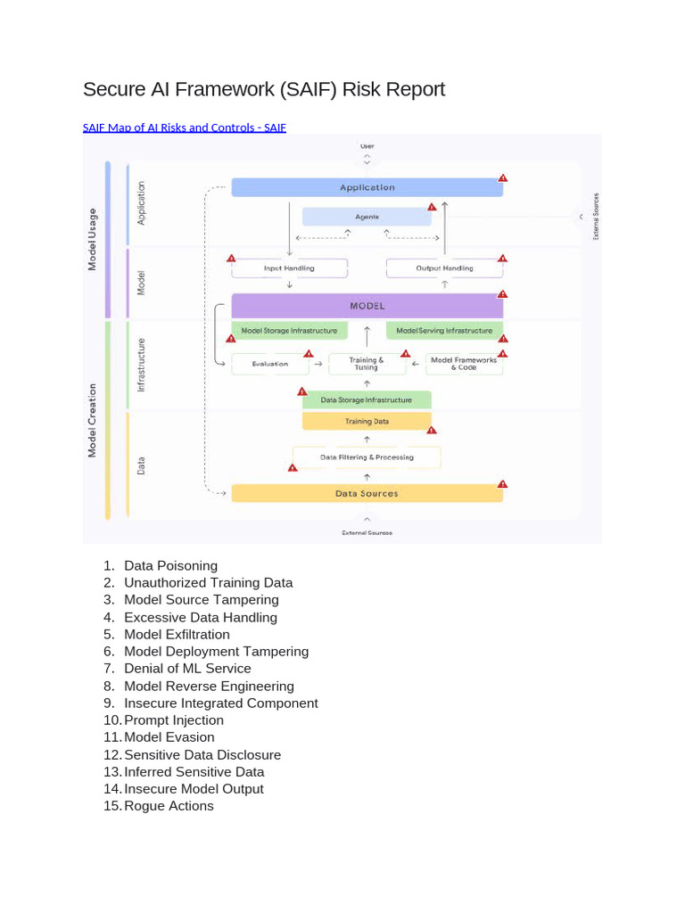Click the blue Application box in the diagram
pos(367,187)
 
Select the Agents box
pos(367,217)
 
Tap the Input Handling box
pos(289,268)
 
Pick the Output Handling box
pos(445,268)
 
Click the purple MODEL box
pos(367,306)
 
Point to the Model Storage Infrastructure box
pos(289,331)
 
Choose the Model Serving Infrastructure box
pos(444,331)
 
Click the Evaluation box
pos(270,364)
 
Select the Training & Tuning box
pos(367,364)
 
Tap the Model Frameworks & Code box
pos(464,364)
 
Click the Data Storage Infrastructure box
pos(367,400)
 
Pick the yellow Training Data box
pos(367,421)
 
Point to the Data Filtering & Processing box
pos(367,457)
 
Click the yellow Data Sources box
pos(367,493)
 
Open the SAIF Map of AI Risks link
pos(185,127)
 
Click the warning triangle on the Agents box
pos(432,208)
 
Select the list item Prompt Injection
pos(174,720)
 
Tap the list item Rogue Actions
pos(169,806)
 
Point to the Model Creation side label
pos(92,419)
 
